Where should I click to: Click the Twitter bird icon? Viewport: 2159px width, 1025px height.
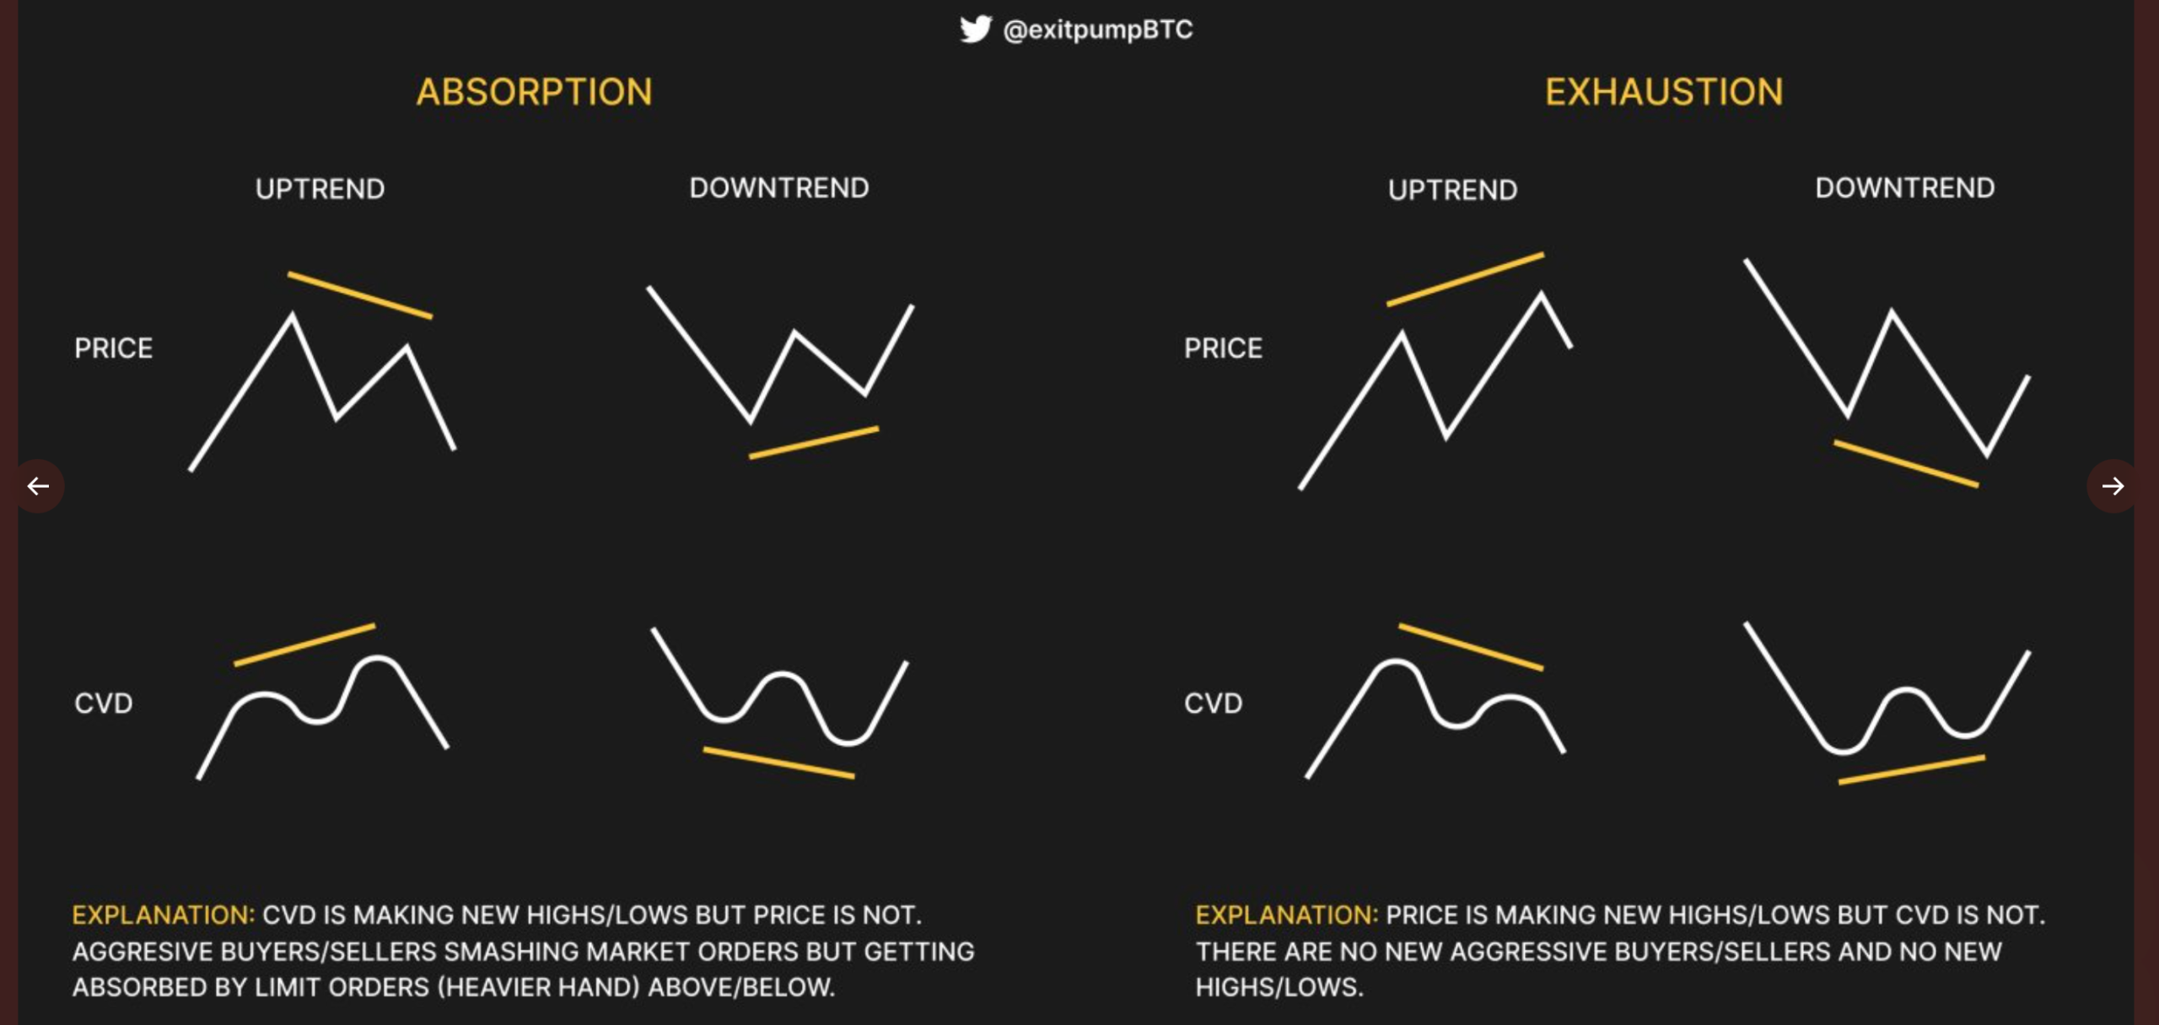(975, 30)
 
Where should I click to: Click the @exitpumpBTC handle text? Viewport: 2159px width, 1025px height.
(1097, 30)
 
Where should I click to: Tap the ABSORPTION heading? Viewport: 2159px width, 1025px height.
(534, 92)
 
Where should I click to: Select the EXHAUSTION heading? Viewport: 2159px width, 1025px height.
(1664, 92)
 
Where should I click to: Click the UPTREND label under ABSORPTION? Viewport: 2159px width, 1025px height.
(320, 189)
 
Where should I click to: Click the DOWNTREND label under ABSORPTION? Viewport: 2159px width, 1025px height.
(779, 188)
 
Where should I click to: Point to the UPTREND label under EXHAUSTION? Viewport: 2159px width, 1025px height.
(1452, 190)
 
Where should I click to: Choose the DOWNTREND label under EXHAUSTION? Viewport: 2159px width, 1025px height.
(1904, 188)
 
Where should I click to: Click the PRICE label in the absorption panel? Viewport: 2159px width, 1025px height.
(114, 348)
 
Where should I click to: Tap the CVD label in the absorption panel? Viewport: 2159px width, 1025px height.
(104, 704)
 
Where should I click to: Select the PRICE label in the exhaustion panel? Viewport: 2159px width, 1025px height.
(1223, 348)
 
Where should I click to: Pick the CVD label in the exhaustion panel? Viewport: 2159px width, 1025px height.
(1213, 704)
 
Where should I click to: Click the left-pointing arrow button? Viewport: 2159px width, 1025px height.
(38, 486)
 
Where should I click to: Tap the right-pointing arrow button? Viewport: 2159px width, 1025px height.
(2112, 486)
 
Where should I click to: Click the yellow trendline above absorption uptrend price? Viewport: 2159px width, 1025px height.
(360, 295)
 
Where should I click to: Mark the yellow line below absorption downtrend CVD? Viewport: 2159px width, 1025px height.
(778, 762)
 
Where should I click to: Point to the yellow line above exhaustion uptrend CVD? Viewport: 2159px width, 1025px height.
(1471, 647)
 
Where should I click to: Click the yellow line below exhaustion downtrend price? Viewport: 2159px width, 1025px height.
(1906, 463)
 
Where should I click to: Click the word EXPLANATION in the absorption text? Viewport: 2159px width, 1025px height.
(163, 915)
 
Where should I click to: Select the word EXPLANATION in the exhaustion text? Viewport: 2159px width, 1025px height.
(1286, 915)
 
